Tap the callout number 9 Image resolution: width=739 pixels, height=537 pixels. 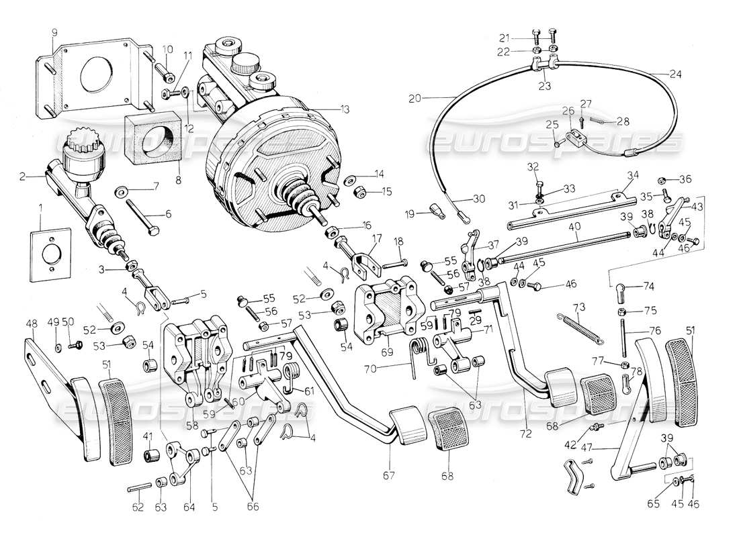(54, 32)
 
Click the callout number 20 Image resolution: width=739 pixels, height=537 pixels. (415, 98)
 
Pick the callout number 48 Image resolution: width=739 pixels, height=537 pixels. (32, 324)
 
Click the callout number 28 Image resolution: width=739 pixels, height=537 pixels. (623, 122)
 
